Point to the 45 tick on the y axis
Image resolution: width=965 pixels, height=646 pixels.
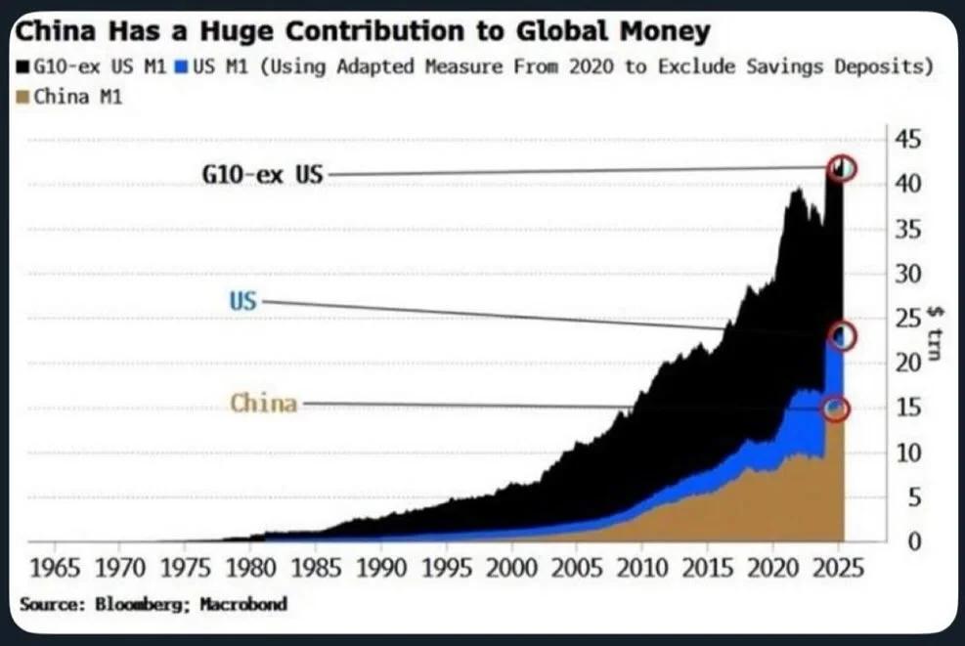point(908,139)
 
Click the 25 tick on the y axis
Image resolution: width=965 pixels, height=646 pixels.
point(908,318)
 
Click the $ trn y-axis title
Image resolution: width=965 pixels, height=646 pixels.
point(935,332)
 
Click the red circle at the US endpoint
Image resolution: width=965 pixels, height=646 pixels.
point(841,337)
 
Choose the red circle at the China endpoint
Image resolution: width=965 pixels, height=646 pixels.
point(836,409)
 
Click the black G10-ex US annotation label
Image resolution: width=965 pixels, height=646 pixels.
point(262,176)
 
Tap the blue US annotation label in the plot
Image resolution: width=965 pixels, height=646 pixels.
point(242,302)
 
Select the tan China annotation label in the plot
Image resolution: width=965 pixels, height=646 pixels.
point(263,403)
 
